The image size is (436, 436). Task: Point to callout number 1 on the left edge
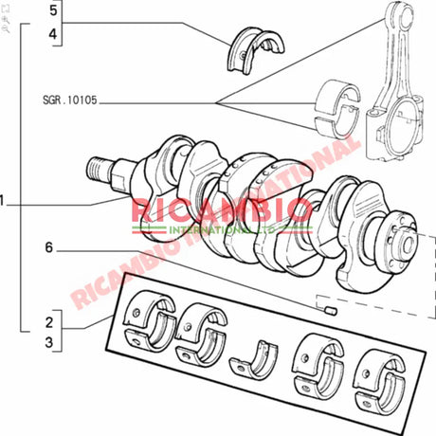tap(5, 201)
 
